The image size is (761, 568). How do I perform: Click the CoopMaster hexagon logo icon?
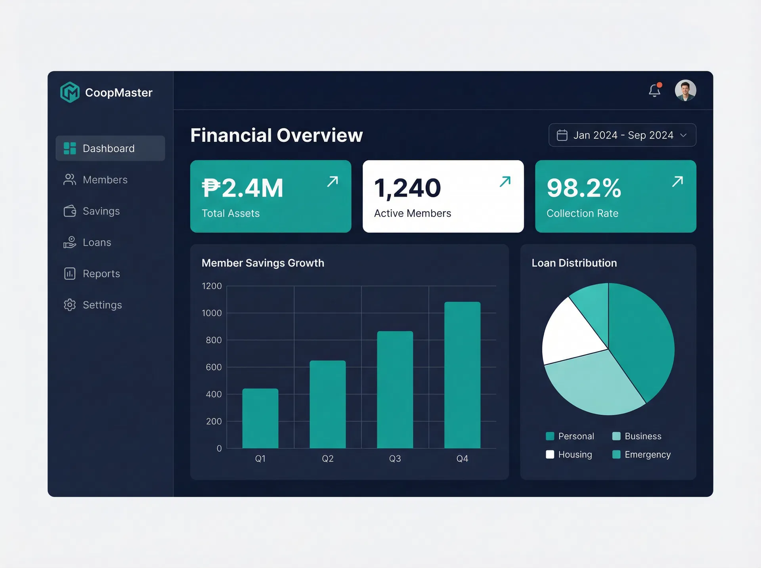(70, 92)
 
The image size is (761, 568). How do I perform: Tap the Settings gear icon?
(70, 305)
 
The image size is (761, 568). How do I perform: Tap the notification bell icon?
(654, 91)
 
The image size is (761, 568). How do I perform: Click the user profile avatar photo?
(685, 91)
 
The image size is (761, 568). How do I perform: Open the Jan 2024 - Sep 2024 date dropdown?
(622, 135)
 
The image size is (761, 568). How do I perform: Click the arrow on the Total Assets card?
(333, 181)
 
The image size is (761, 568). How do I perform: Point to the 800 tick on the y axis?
(213, 340)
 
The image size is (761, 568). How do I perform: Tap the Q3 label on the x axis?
(395, 459)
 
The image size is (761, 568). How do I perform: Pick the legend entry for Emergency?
(642, 455)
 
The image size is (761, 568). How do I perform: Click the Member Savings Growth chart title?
(262, 263)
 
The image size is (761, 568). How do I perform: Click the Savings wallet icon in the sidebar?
(70, 211)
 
